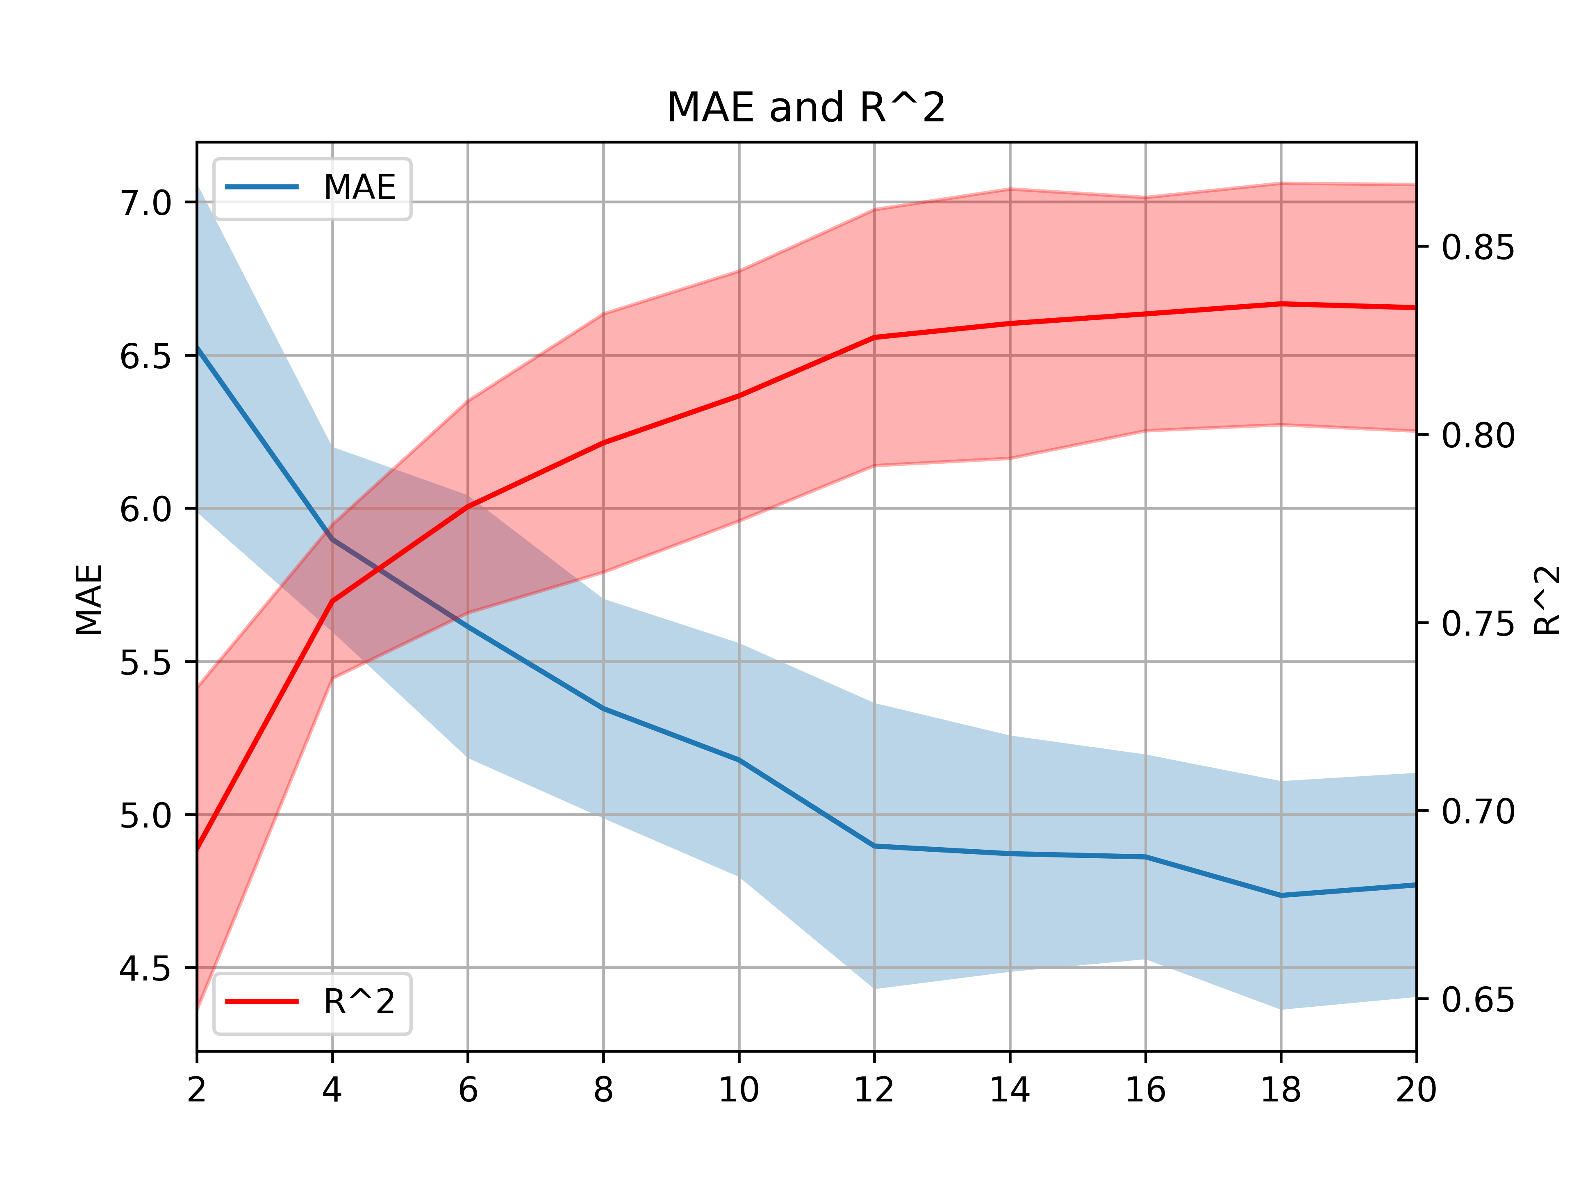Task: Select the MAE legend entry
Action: (x=311, y=187)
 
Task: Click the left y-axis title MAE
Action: (x=90, y=600)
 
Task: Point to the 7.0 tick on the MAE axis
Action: (x=146, y=203)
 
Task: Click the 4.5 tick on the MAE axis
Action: (x=146, y=969)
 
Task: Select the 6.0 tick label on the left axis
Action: (x=146, y=510)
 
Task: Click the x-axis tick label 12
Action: (x=874, y=1090)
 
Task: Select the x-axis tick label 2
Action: (x=197, y=1090)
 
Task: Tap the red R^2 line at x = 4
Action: (x=332, y=601)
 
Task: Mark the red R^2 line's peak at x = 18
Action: (x=1281, y=304)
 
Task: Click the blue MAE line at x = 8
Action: (x=603, y=708)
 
